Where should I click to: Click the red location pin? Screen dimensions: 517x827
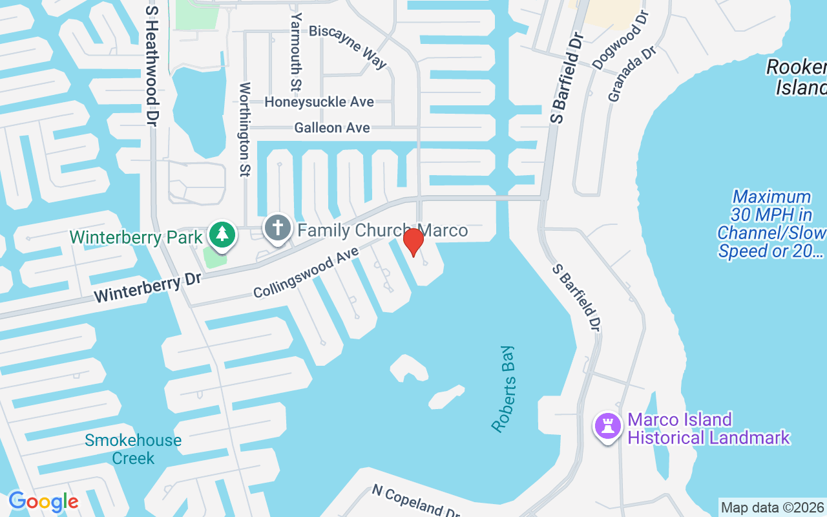click(413, 242)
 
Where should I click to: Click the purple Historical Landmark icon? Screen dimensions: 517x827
click(607, 427)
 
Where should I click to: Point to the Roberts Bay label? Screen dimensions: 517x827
click(504, 389)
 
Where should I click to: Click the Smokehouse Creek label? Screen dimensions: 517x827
click(133, 449)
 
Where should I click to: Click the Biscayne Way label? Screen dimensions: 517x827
click(348, 46)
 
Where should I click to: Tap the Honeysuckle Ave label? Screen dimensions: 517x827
click(319, 102)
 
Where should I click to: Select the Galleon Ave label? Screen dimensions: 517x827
click(332, 128)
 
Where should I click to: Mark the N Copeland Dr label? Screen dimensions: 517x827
click(416, 501)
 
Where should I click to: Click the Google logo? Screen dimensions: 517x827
click(43, 501)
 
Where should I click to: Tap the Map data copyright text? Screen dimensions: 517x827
click(772, 507)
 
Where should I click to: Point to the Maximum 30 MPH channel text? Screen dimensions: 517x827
click(771, 224)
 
